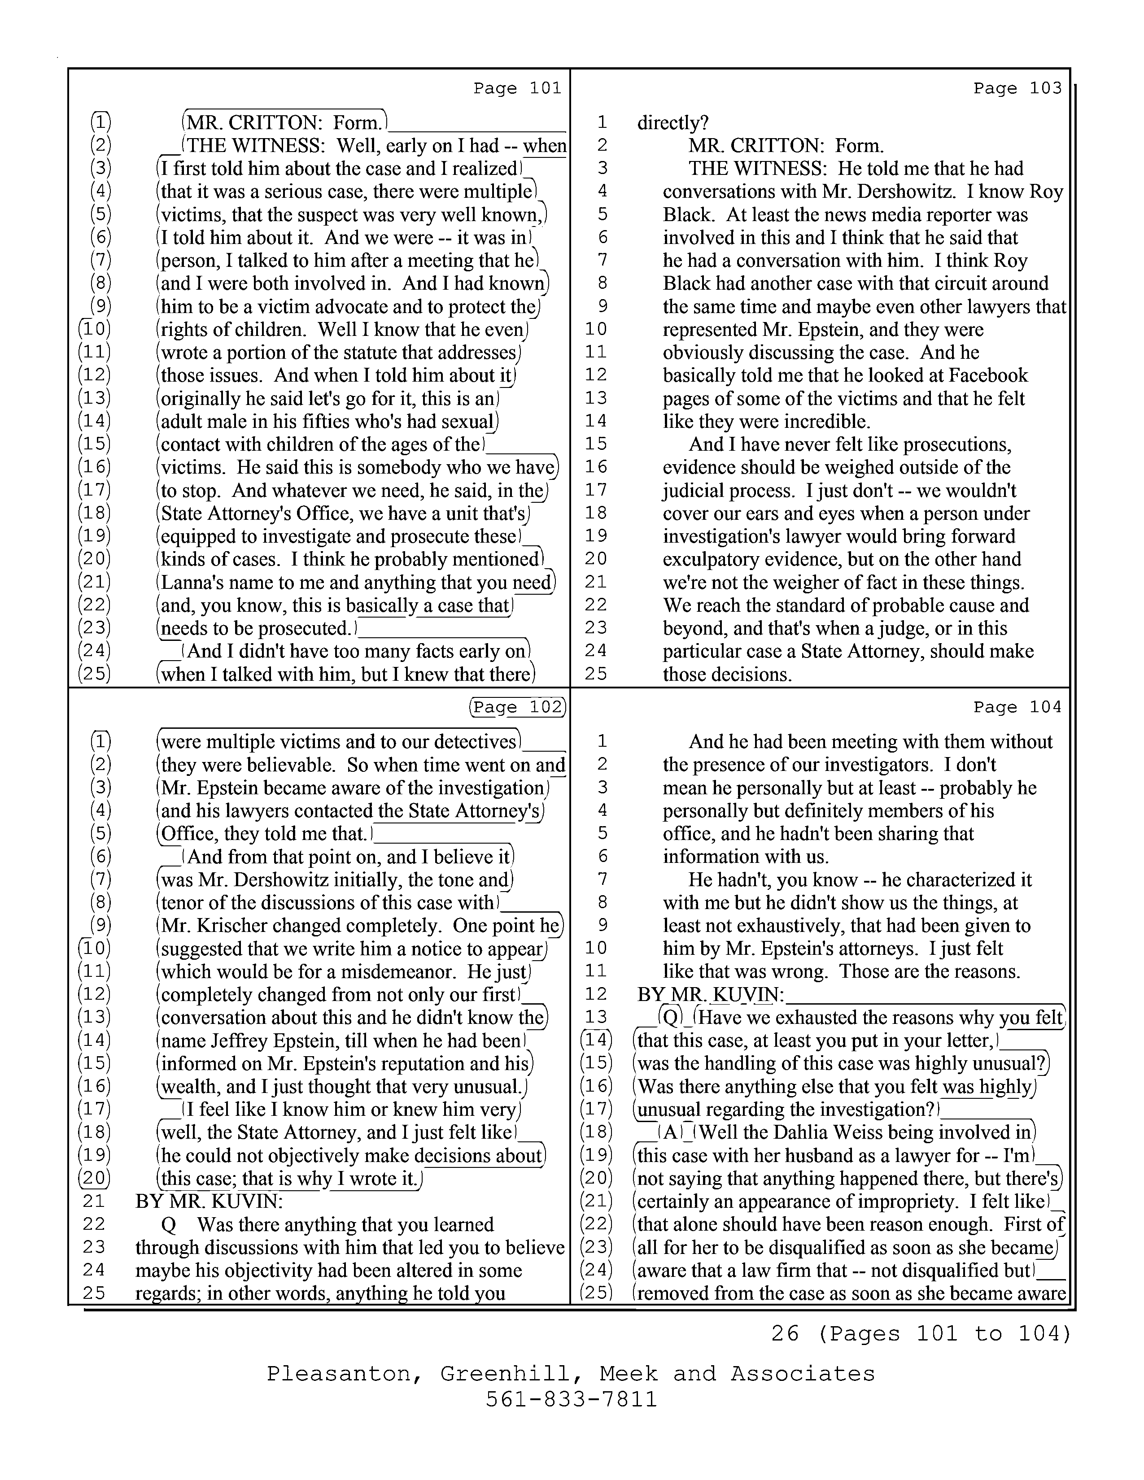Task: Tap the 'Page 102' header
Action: pyautogui.click(x=517, y=707)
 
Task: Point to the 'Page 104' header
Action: pyautogui.click(x=1017, y=707)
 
